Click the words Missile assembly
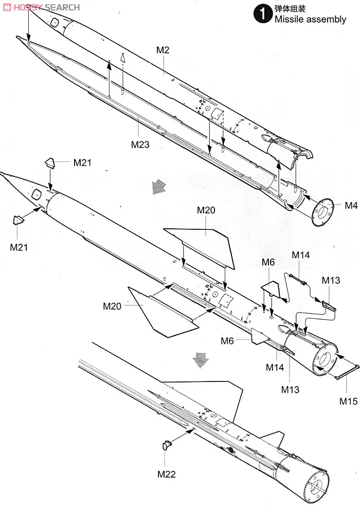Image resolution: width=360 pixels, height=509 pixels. point(310,20)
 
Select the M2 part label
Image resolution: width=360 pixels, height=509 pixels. point(163,50)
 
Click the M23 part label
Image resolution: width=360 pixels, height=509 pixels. point(139,144)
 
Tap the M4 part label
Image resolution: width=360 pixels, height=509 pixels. point(351,206)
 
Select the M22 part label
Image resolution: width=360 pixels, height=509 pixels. point(166,474)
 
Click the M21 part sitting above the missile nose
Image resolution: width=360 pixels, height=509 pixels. point(50,163)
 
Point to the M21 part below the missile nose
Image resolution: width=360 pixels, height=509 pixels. point(19,221)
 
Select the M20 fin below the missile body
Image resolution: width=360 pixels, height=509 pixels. point(162,310)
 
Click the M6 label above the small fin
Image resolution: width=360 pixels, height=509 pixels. point(268,262)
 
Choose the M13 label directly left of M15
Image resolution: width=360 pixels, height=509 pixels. point(290,390)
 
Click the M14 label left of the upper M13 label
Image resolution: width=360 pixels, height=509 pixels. point(301,254)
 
